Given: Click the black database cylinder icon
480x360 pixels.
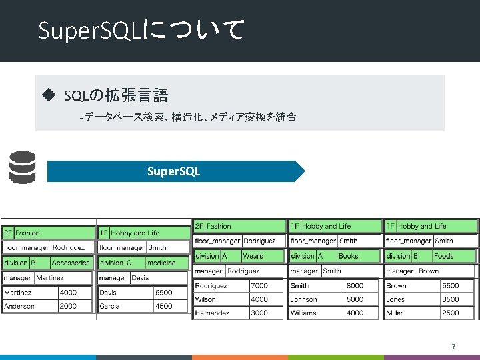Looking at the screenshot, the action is (23, 167).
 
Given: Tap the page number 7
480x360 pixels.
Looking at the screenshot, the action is (453, 346).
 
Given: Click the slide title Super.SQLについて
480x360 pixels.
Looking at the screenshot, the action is (141, 30).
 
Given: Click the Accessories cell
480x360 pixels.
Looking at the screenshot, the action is (71, 263).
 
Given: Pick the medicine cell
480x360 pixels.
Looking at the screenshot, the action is (162, 263).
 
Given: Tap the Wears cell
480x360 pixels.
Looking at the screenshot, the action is (253, 256).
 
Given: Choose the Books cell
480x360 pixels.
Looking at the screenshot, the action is (349, 256).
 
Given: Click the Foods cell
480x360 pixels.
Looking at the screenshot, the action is (444, 256).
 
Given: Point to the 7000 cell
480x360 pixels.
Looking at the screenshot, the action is (260, 286).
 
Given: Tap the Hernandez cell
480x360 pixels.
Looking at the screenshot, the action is (213, 313).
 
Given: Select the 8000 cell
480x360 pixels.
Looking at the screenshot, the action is (355, 286).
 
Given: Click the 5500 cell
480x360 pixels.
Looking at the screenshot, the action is (451, 286).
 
